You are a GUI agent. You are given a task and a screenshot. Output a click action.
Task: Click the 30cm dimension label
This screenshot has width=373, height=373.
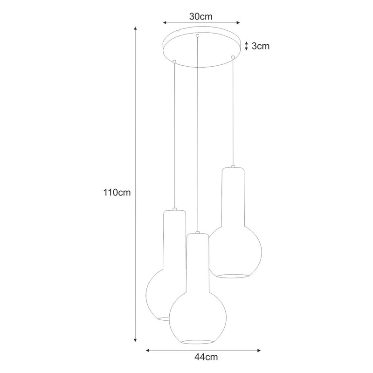tap(200, 16)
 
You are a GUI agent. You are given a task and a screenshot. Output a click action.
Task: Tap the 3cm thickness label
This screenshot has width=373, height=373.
tap(261, 46)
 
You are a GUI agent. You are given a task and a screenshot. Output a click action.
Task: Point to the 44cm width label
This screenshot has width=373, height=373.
tap(203, 357)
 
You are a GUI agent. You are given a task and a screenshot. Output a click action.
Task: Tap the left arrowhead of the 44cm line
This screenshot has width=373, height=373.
tap(148, 350)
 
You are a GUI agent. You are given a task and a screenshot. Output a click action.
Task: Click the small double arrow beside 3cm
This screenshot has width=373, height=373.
tap(247, 46)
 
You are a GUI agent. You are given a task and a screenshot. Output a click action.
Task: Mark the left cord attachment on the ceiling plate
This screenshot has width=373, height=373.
tap(174, 61)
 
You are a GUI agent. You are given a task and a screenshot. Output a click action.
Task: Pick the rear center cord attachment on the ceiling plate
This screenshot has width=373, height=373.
tap(198, 35)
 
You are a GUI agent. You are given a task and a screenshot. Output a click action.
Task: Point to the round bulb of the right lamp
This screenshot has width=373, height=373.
tap(233, 252)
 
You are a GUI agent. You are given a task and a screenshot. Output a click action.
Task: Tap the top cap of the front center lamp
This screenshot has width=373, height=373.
tap(198, 232)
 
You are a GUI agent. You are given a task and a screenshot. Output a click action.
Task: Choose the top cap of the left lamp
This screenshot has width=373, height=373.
tap(174, 209)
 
